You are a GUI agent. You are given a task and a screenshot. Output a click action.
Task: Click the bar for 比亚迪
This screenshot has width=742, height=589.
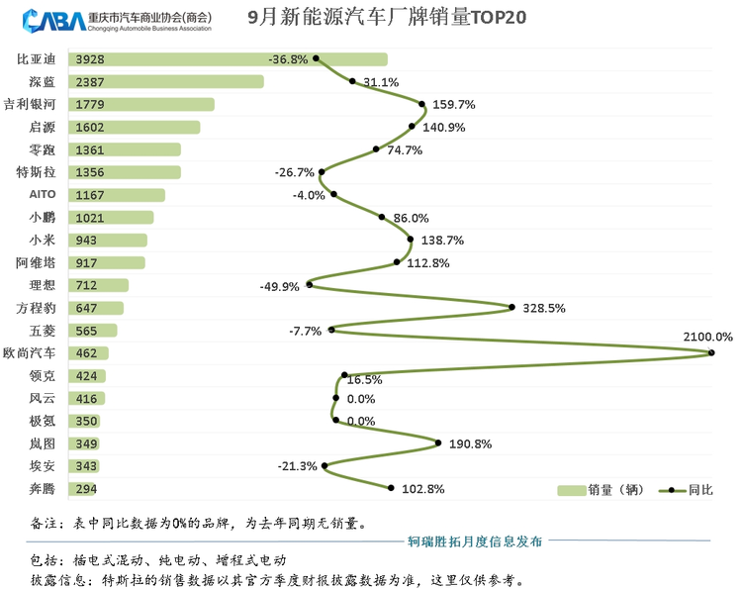pyautogui.click(x=228, y=59)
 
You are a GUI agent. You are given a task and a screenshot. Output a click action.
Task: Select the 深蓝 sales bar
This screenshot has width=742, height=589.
pyautogui.click(x=165, y=82)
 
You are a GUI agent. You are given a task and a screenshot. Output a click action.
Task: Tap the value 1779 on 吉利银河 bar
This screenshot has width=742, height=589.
pyautogui.click(x=89, y=105)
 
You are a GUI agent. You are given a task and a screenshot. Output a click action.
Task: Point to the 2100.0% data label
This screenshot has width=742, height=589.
pyautogui.click(x=707, y=338)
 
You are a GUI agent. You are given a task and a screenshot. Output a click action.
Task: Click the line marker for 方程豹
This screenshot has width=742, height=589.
pyautogui.click(x=511, y=307)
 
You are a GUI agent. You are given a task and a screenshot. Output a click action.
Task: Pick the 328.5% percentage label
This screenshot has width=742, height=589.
pyautogui.click(x=543, y=308)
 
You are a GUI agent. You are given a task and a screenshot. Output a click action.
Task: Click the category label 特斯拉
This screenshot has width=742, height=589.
pyautogui.click(x=36, y=172)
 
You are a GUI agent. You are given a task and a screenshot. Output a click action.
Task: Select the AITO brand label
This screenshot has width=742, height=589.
pyautogui.click(x=43, y=195)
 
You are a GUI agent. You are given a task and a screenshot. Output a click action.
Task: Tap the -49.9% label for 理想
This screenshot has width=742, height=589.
pyautogui.click(x=280, y=286)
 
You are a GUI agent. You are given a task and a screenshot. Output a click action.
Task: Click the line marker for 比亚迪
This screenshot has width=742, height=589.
pyautogui.click(x=316, y=57)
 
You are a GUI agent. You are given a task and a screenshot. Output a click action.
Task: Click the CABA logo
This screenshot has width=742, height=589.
pyautogui.click(x=49, y=20)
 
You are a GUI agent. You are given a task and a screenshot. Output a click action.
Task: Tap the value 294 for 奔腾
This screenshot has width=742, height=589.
pyautogui.click(x=86, y=489)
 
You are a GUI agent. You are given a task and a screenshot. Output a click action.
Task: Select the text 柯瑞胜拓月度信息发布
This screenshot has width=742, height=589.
pyautogui.click(x=475, y=541)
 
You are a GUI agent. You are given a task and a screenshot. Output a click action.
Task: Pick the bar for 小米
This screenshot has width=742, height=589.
pyautogui.click(x=108, y=241)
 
